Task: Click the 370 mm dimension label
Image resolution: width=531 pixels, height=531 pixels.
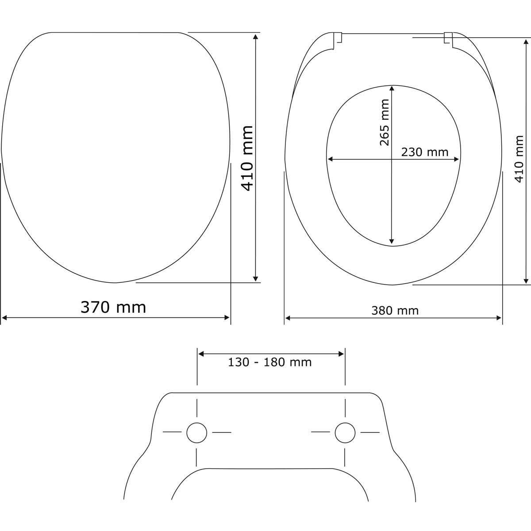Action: coord(113,307)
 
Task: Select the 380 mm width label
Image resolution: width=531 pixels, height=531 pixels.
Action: coord(395,311)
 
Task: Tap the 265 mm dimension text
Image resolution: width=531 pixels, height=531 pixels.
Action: coord(385,123)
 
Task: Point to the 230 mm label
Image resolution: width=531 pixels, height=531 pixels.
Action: coord(425,152)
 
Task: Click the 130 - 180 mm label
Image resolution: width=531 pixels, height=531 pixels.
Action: coord(270,362)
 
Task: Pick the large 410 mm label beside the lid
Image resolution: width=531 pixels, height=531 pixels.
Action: coord(247,158)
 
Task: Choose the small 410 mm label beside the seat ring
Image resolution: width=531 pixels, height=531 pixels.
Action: coord(519,159)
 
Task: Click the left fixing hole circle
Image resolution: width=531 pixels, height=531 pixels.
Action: coord(197,433)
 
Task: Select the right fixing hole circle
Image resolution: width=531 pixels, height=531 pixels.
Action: coord(345,433)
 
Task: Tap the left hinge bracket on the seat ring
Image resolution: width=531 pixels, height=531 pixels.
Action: coord(338,41)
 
